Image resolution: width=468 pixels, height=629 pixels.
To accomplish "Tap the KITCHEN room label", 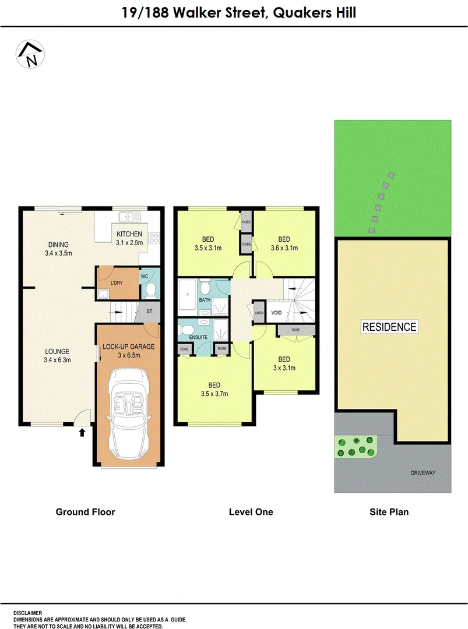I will tap(129, 238).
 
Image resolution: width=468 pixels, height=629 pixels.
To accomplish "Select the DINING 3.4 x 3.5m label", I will tap(59, 249).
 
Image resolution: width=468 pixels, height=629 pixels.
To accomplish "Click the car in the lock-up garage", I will tap(128, 414).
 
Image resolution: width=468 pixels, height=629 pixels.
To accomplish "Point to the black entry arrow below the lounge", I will tap(82, 432).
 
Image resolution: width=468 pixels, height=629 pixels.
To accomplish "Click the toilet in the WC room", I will tap(149, 289).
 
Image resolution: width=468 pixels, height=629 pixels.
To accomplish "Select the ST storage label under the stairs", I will tap(150, 312).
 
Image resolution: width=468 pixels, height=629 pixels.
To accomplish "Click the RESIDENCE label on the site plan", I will tap(389, 327).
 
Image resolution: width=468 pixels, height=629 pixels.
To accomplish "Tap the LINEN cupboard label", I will tap(259, 313).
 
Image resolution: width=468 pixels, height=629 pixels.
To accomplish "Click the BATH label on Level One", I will tap(205, 301).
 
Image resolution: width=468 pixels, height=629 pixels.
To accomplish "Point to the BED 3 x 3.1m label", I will tap(284, 363).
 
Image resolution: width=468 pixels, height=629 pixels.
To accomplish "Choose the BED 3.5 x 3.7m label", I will tap(214, 389).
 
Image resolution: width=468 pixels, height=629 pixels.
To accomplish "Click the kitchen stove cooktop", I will tap(154, 238).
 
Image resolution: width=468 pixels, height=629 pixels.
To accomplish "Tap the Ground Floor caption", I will tap(85, 512).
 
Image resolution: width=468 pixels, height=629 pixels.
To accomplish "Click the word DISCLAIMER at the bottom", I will tap(28, 613).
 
